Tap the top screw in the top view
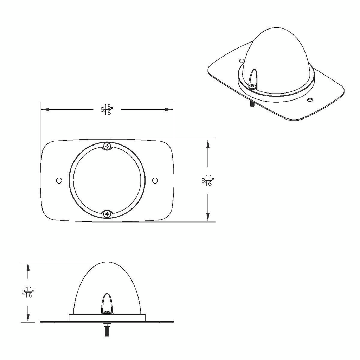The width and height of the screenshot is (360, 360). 107,146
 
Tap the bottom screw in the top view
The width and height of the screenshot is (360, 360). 107,214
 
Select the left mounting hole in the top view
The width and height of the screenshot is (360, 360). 59,180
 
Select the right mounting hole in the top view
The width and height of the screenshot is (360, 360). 155,180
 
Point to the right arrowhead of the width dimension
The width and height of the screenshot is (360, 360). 169,110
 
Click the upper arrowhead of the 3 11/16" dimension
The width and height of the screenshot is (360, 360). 208,144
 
